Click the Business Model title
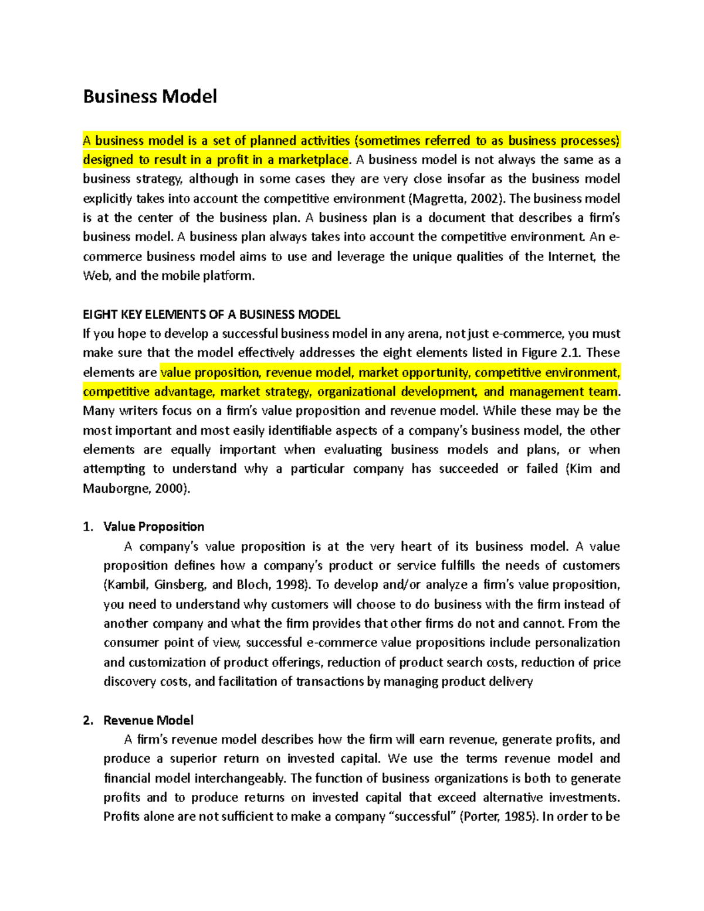point(150,96)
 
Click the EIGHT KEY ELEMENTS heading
point(211,314)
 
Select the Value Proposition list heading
point(154,526)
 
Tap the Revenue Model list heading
point(148,720)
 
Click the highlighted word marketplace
point(313,160)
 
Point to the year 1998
point(291,585)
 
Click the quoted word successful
point(422,817)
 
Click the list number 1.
point(87,526)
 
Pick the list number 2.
point(87,720)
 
